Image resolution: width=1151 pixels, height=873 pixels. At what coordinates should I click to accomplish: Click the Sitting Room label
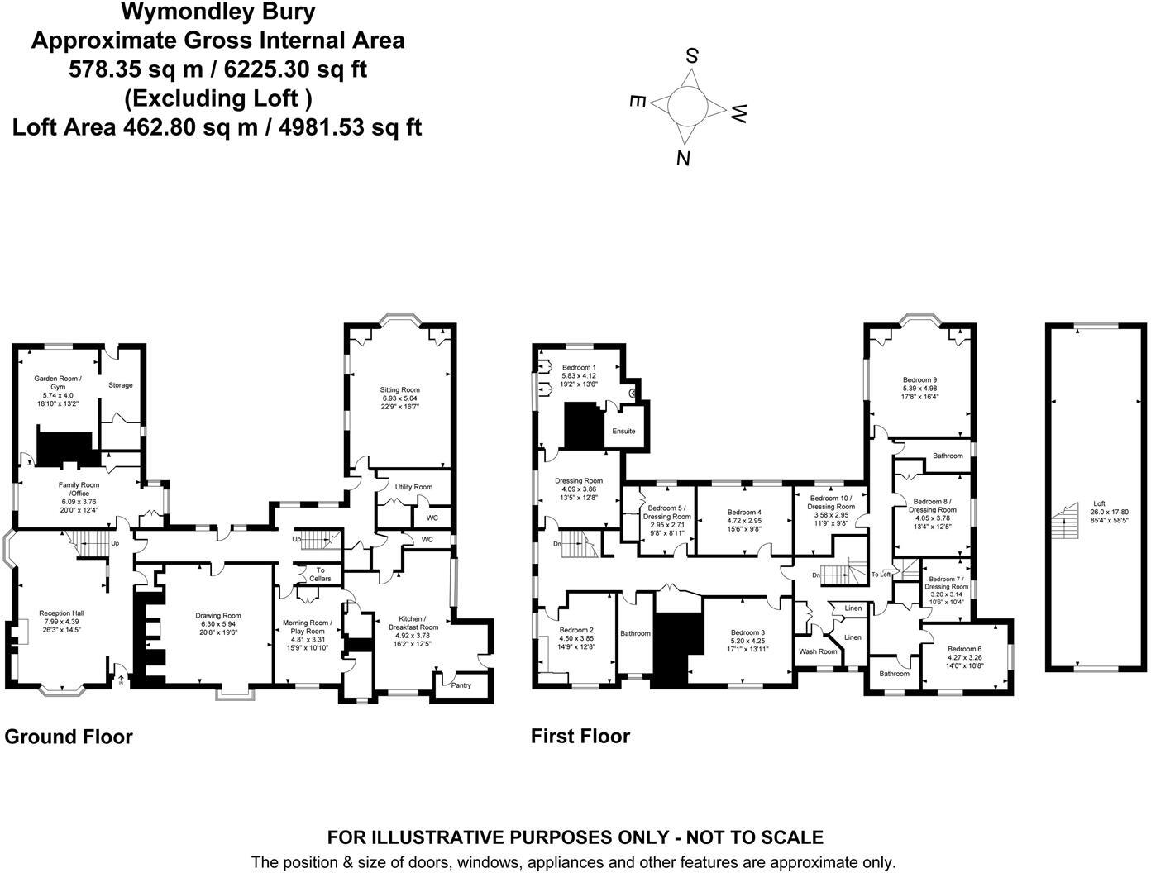click(399, 390)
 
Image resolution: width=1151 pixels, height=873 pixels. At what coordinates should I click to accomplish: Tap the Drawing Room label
click(218, 615)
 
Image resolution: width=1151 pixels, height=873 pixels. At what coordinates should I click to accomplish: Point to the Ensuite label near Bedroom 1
click(623, 431)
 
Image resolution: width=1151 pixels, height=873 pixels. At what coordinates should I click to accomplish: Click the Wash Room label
click(817, 651)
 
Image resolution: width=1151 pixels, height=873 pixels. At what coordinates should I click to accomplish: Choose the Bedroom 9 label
click(919, 381)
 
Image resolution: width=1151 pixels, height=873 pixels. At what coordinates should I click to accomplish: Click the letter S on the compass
click(692, 56)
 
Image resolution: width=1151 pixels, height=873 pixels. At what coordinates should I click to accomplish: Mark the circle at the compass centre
click(687, 106)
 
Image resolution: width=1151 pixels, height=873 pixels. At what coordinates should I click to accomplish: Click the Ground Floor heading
click(69, 737)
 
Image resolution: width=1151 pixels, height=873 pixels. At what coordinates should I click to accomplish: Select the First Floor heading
click(580, 736)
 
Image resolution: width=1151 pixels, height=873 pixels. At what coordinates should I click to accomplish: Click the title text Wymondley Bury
click(218, 12)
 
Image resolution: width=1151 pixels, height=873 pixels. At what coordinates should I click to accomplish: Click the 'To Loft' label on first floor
click(881, 574)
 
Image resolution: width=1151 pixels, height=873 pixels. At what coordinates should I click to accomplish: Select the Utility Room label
click(413, 487)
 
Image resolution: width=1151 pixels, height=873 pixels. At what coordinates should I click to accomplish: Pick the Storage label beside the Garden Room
click(121, 385)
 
